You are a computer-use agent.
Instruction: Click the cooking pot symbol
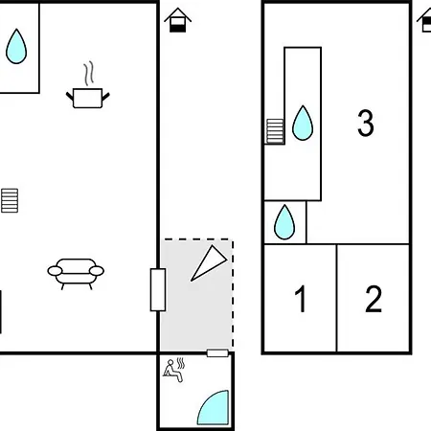tap(87, 98)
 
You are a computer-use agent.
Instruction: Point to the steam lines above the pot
tap(89, 73)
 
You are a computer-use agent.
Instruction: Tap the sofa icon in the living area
tap(76, 274)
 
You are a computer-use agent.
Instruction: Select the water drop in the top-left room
tap(16, 46)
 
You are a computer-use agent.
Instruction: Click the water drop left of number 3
tap(303, 123)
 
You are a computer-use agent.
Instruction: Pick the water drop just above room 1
tap(284, 222)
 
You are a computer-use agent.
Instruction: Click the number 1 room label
tap(301, 299)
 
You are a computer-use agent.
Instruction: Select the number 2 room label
tap(374, 299)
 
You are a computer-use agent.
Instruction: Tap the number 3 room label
tap(366, 123)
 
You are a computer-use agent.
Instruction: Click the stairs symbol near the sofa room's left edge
tap(10, 200)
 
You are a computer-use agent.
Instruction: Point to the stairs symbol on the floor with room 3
tap(275, 131)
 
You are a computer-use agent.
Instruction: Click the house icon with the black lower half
tap(178, 20)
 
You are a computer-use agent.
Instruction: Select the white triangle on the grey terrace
tap(209, 263)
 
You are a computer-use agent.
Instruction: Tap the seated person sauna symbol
tap(173, 371)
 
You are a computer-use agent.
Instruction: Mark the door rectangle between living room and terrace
tap(158, 289)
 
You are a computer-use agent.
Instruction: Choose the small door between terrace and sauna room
tap(217, 353)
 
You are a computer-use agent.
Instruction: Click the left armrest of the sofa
tap(55, 271)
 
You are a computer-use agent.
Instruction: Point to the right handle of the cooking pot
tap(105, 96)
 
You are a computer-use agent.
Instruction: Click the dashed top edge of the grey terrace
tap(197, 238)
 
